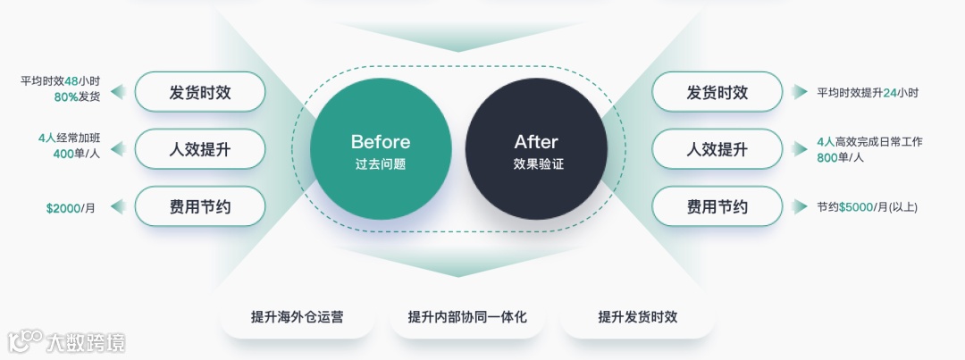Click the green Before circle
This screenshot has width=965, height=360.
tap(381, 149)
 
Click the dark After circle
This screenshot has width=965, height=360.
tap(536, 149)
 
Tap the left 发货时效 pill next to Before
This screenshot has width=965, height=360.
tap(200, 92)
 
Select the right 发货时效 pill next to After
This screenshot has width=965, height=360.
tap(717, 92)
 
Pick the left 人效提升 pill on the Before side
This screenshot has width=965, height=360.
tap(200, 149)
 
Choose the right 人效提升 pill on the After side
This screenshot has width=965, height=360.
tap(717, 149)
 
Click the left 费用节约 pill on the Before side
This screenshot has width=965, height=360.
tap(200, 206)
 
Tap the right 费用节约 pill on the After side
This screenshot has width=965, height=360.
tap(717, 206)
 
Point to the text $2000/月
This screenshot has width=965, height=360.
tap(71, 208)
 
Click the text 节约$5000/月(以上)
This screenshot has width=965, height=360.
tap(867, 207)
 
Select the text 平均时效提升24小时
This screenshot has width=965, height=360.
tap(868, 93)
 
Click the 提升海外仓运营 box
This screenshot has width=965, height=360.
tap(298, 317)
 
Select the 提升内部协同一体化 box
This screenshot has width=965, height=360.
tap(467, 317)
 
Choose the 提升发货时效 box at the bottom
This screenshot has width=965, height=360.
tap(637, 317)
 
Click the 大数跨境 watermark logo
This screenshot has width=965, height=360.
tap(66, 342)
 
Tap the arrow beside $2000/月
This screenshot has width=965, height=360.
tap(116, 207)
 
